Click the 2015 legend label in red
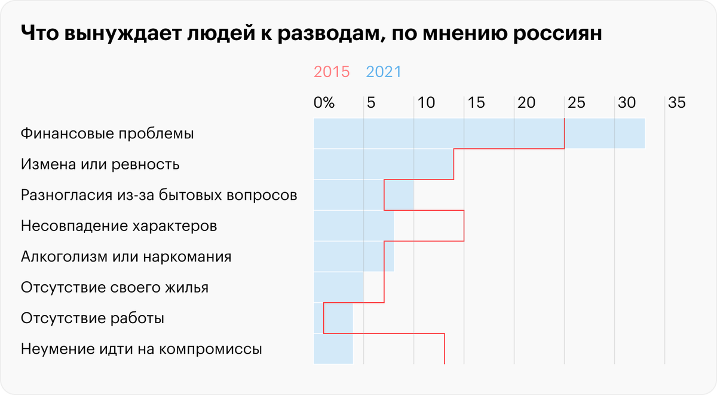pyautogui.click(x=332, y=72)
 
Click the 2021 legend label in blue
pyautogui.click(x=384, y=72)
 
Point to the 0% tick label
pyautogui.click(x=324, y=103)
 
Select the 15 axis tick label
pyautogui.click(x=476, y=103)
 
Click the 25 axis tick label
pyautogui.click(x=576, y=103)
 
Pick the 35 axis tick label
pyautogui.click(x=676, y=103)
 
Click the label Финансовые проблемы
pyautogui.click(x=107, y=133)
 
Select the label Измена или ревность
pyautogui.click(x=100, y=164)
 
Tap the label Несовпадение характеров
pyautogui.click(x=118, y=226)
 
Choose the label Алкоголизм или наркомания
pyautogui.click(x=126, y=257)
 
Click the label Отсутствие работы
pyautogui.click(x=92, y=319)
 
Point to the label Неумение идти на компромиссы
pyautogui.click(x=141, y=350)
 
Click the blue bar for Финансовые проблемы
pyautogui.click(x=478, y=133)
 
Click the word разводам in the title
pyautogui.click(x=319, y=34)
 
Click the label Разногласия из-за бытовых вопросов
pyautogui.click(x=158, y=195)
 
